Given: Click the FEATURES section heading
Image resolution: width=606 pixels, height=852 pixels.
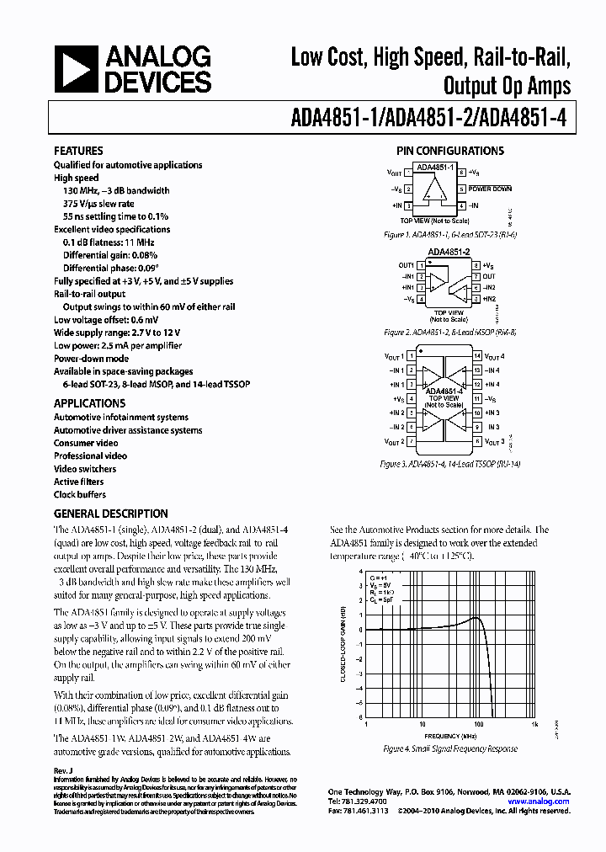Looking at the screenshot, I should click(78, 151).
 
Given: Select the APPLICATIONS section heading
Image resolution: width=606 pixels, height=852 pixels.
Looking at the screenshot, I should click(89, 403).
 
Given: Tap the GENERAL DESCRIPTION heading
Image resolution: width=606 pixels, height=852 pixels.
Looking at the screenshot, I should click(110, 514).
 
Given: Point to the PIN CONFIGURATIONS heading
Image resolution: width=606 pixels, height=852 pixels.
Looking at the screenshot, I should click(450, 151).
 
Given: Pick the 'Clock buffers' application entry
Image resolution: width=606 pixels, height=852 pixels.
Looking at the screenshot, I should click(80, 495).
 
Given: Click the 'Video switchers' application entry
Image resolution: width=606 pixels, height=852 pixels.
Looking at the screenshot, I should click(85, 469).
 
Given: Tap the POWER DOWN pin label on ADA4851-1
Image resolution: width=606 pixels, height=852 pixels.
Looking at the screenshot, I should click(491, 189).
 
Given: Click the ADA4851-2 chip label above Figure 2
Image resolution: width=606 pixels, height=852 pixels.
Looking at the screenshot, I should click(449, 252).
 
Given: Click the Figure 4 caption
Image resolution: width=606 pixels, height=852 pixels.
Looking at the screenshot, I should click(450, 748).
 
